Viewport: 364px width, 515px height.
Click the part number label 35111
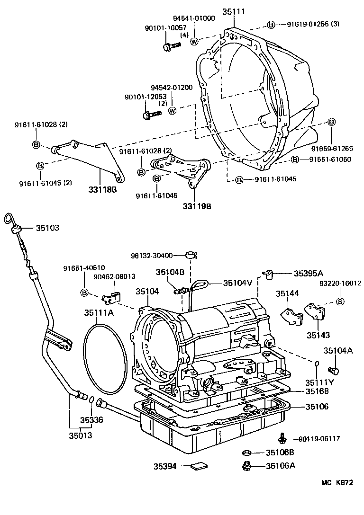(236, 11)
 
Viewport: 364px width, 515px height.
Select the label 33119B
(197, 206)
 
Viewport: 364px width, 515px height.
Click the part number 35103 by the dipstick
(47, 228)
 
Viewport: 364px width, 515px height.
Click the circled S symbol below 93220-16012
(340, 302)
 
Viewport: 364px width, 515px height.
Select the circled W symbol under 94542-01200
(172, 110)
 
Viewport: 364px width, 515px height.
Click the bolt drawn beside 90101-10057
(172, 46)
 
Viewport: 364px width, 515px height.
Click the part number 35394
(164, 466)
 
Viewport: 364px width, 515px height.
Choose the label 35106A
(280, 465)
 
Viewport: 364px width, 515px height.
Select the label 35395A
(308, 273)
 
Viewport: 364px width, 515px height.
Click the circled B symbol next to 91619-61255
(271, 24)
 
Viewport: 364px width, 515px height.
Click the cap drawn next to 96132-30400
(192, 256)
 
